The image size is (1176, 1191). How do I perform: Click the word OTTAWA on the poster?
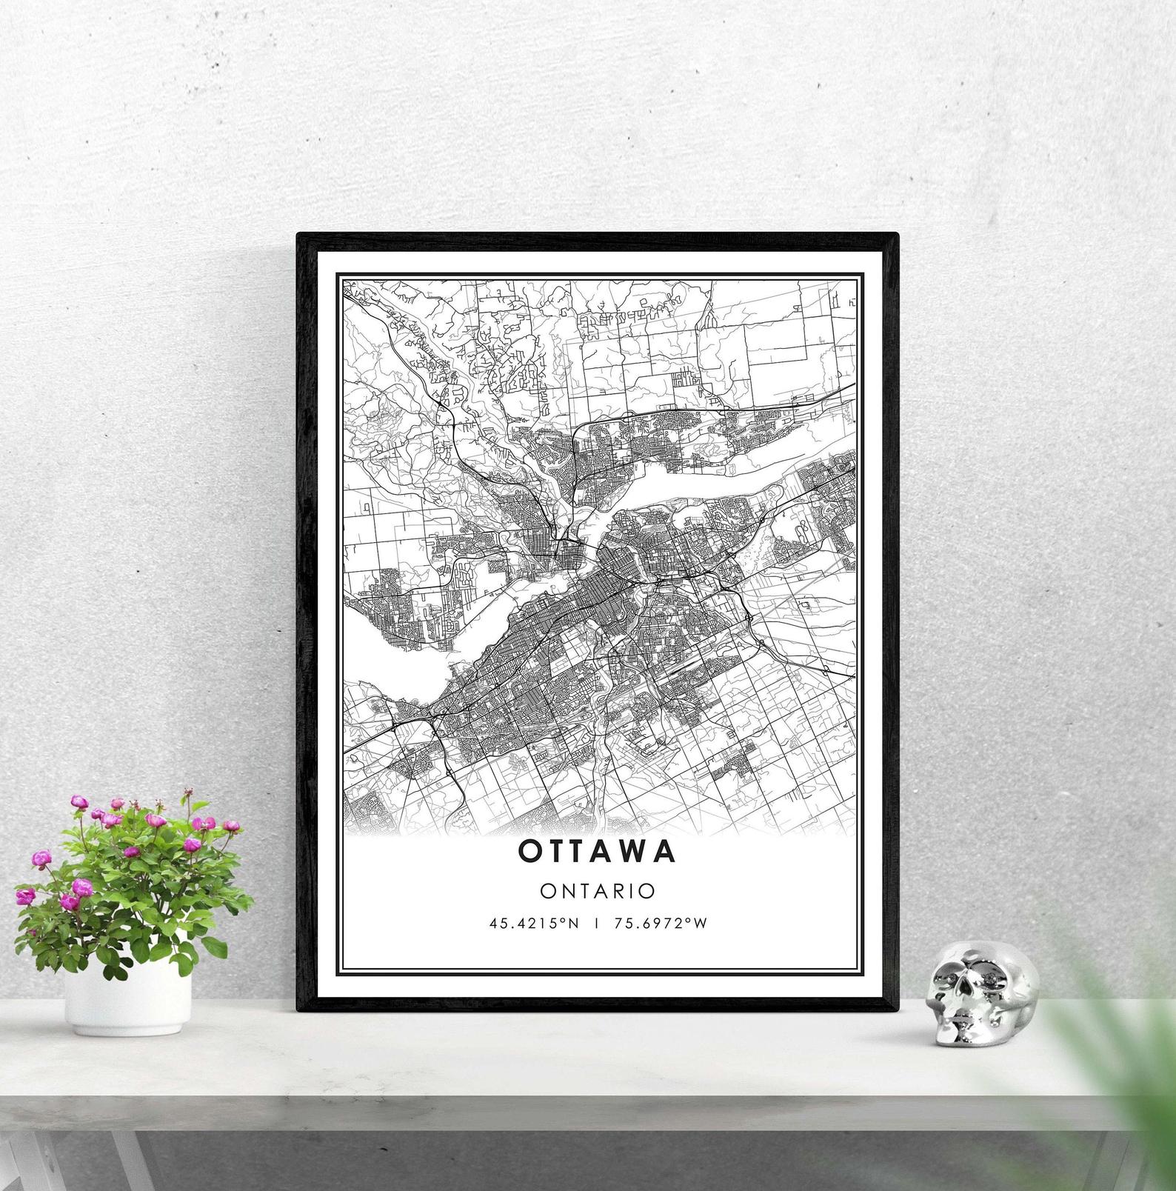(597, 851)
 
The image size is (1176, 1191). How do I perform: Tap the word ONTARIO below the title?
(598, 890)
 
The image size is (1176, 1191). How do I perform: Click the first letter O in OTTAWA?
(529, 851)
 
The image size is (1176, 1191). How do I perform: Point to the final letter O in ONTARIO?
(648, 890)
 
